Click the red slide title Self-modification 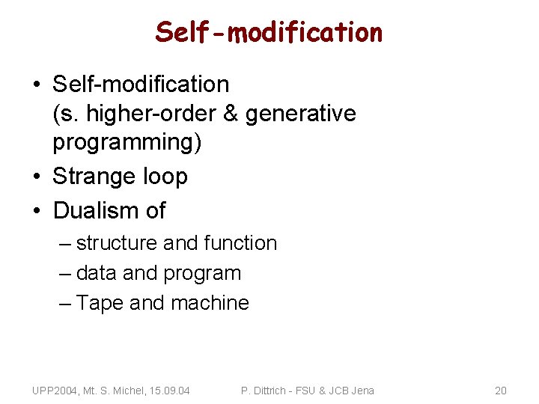point(269,31)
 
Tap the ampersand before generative point(231,114)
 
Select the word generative point(301,114)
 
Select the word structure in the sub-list point(117,243)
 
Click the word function point(240,243)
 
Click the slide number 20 point(501,391)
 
